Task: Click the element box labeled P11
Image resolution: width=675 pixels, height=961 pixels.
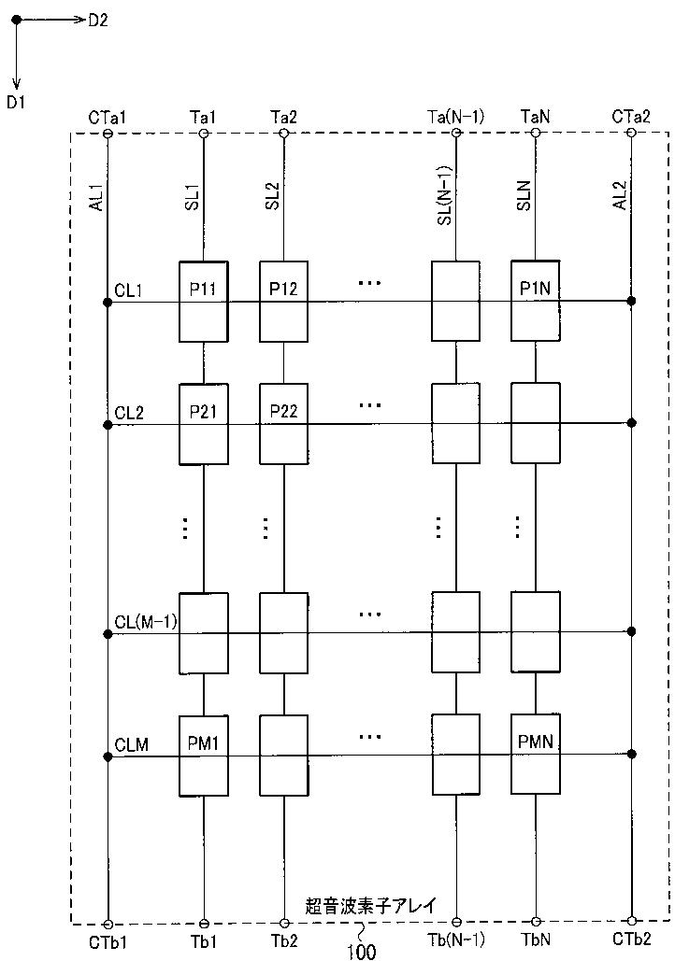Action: [x=203, y=302]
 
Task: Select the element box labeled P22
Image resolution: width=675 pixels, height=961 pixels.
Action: [x=283, y=423]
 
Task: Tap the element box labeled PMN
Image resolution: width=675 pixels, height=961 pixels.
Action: [x=535, y=755]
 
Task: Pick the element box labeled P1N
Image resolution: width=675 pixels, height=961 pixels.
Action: [x=535, y=301]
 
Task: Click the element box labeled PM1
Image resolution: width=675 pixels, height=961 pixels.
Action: [x=203, y=756]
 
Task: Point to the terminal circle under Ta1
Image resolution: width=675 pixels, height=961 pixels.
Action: [x=203, y=134]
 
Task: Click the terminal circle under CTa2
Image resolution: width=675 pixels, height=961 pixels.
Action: [x=631, y=133]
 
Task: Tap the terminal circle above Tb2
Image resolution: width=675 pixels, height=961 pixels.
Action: [x=284, y=923]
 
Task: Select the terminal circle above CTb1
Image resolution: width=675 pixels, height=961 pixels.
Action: [x=108, y=924]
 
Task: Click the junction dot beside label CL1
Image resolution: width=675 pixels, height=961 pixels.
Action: [x=108, y=303]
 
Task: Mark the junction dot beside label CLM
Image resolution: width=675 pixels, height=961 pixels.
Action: [x=108, y=756]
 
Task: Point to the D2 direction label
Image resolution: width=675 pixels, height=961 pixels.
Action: [x=97, y=21]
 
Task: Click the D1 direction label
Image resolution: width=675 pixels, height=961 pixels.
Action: [x=16, y=102]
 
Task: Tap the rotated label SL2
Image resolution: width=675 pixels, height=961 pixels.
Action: [x=272, y=196]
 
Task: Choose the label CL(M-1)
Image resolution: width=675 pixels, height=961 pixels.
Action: [x=146, y=622]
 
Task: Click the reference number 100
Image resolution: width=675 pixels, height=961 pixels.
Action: [x=362, y=951]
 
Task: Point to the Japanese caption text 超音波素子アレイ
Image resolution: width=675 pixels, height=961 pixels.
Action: [x=370, y=906]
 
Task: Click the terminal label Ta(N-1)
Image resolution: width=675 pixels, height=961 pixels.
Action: [x=456, y=117]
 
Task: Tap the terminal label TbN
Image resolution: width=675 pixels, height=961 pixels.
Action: [x=536, y=940]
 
